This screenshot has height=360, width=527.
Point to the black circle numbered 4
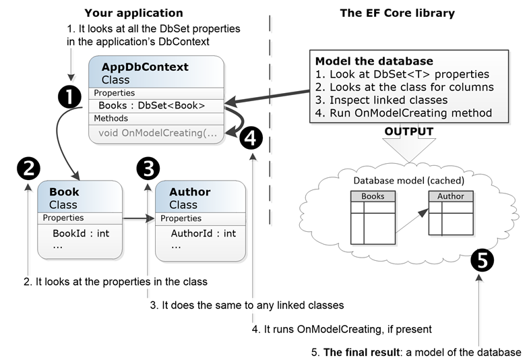(x=250, y=138)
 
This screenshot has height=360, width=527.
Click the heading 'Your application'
(x=133, y=13)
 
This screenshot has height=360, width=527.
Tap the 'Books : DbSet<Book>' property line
(x=152, y=105)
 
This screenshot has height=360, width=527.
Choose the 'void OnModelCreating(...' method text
(x=158, y=132)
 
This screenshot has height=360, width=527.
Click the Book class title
(x=64, y=192)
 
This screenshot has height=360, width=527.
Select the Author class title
(x=189, y=192)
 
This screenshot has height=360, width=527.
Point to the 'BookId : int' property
(x=81, y=233)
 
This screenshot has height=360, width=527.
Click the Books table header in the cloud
(x=373, y=196)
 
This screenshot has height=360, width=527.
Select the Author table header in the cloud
(x=451, y=196)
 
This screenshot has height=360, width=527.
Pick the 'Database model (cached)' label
(x=409, y=180)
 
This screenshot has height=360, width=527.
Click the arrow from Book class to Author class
(x=137, y=218)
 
